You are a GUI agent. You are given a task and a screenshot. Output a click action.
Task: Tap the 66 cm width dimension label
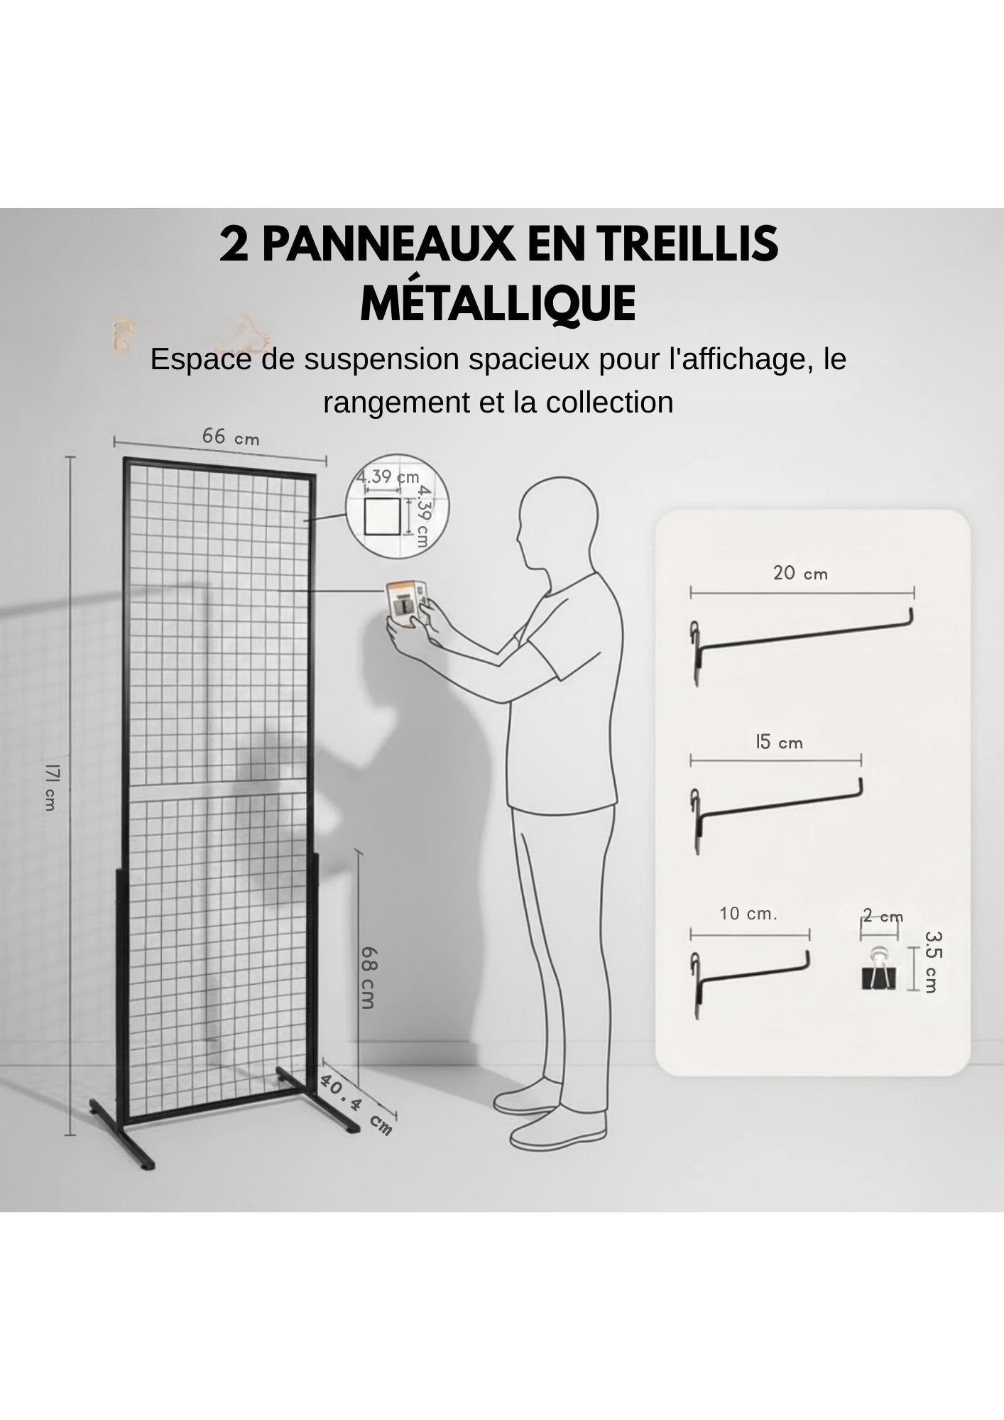(x=231, y=437)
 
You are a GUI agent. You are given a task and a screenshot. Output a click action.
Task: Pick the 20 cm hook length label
(x=800, y=573)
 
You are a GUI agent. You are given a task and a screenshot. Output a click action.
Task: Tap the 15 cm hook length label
(x=778, y=743)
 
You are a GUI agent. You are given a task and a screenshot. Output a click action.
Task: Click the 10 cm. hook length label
(x=748, y=914)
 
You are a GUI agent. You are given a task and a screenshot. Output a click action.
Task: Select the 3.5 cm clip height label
(x=932, y=962)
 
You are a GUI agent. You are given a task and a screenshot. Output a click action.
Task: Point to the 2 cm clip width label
(x=882, y=916)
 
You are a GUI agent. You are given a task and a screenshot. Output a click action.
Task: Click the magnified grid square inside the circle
(x=381, y=517)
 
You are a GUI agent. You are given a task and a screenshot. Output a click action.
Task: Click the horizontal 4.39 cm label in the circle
(x=388, y=477)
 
